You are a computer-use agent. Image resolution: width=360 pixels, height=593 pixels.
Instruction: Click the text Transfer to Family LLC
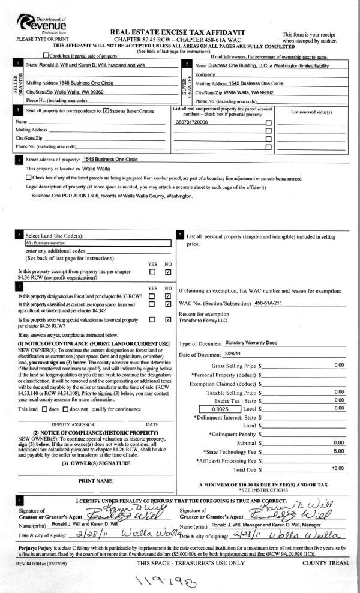point(205,321)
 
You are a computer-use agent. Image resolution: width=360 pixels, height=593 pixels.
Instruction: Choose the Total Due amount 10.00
point(338,468)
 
